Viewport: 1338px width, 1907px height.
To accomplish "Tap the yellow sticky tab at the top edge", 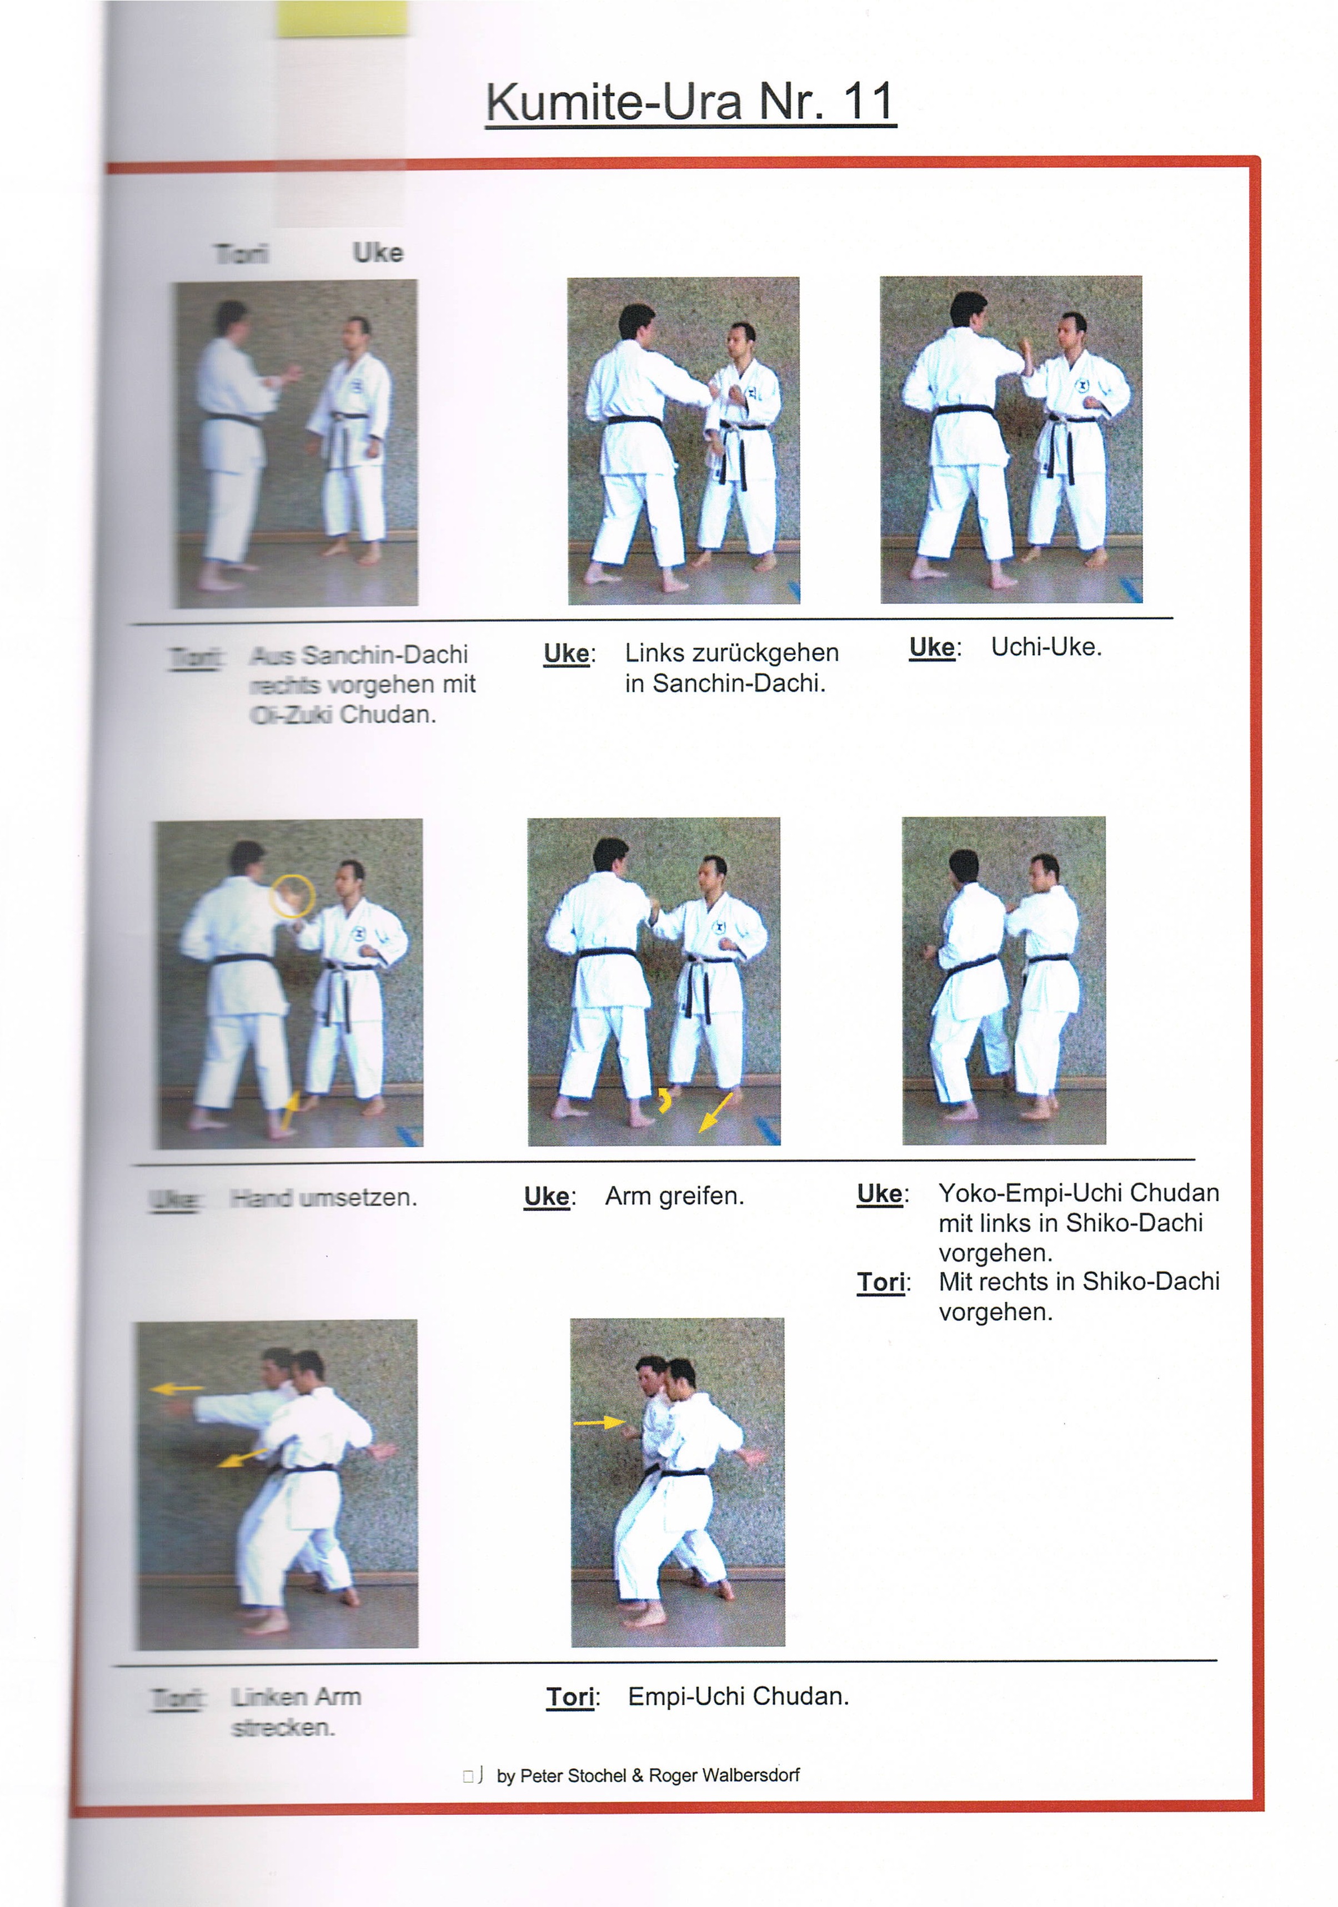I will point(342,18).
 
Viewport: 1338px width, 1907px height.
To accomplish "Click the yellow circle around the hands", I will point(292,895).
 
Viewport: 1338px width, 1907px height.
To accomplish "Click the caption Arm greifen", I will point(674,1196).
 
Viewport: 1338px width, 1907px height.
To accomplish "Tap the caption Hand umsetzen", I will point(323,1198).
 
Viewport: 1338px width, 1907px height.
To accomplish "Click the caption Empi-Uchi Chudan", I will point(738,1696).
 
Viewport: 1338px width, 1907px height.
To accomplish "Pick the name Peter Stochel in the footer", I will point(572,1776).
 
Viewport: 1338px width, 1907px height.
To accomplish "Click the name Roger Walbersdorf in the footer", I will point(724,1776).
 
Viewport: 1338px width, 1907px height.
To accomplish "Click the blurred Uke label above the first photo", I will point(378,253).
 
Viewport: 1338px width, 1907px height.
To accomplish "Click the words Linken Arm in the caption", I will point(296,1697).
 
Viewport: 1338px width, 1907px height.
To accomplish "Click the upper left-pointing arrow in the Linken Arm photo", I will point(178,1388).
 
